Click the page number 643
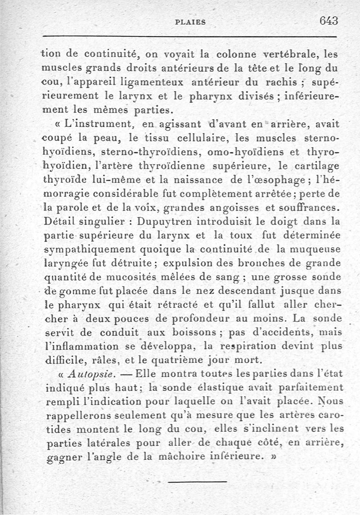click(x=328, y=20)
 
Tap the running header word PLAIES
click(x=190, y=22)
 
